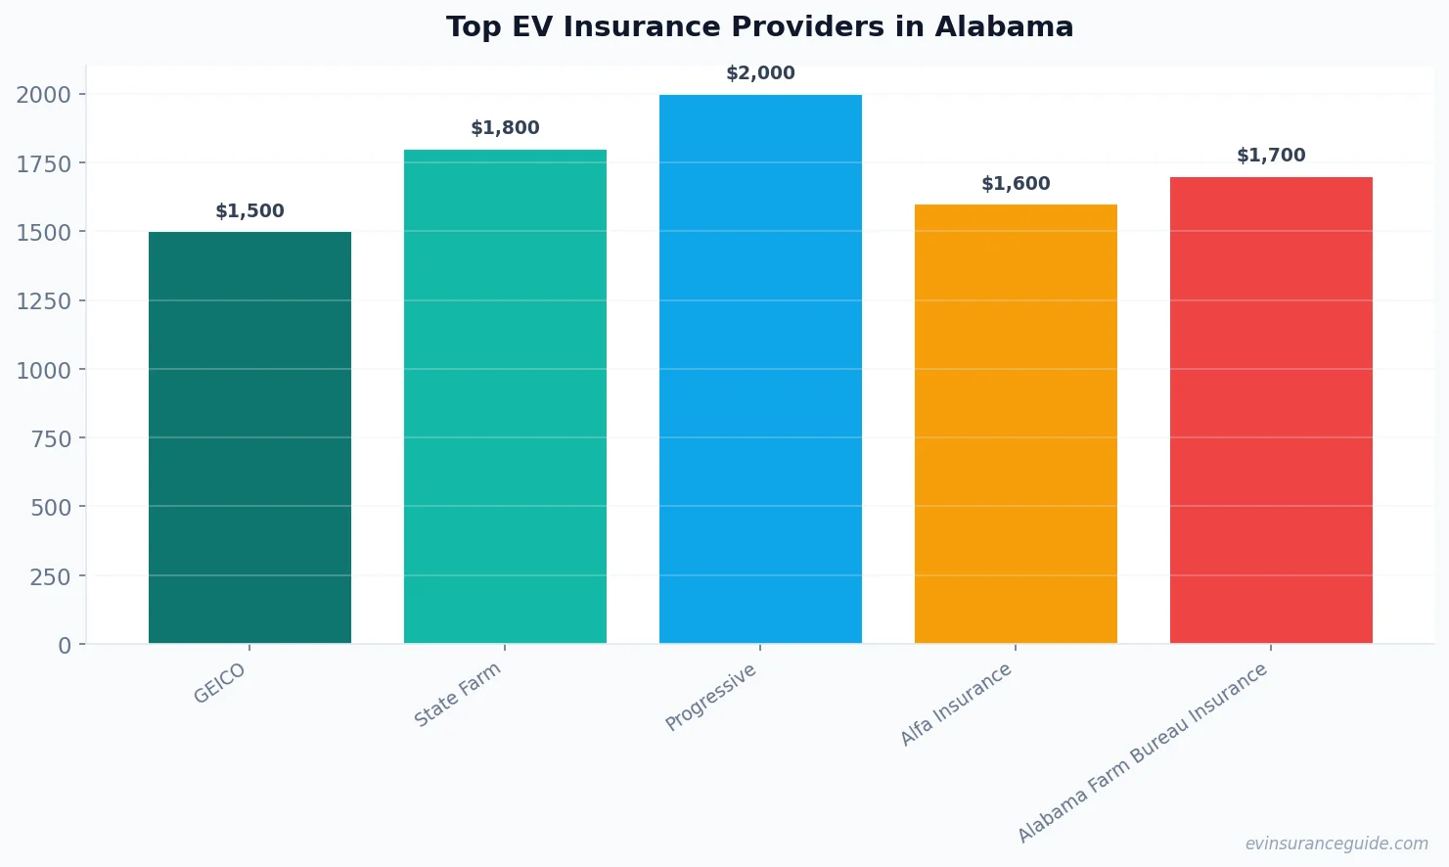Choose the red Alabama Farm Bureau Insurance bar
click(x=1271, y=410)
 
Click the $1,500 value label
click(x=249, y=211)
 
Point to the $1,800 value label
click(x=505, y=128)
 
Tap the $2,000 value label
click(x=760, y=73)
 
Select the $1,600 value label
click(x=1016, y=184)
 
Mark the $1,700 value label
click(x=1271, y=156)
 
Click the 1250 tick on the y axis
click(x=44, y=301)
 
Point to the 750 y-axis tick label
click(x=51, y=439)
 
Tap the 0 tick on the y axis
click(x=65, y=646)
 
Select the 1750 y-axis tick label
click(x=44, y=164)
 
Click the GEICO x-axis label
click(x=219, y=683)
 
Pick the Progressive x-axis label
click(x=710, y=698)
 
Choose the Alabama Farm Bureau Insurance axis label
click(x=1142, y=753)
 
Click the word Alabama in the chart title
click(x=1003, y=26)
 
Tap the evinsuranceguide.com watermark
click(x=1336, y=844)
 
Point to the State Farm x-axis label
click(x=457, y=694)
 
